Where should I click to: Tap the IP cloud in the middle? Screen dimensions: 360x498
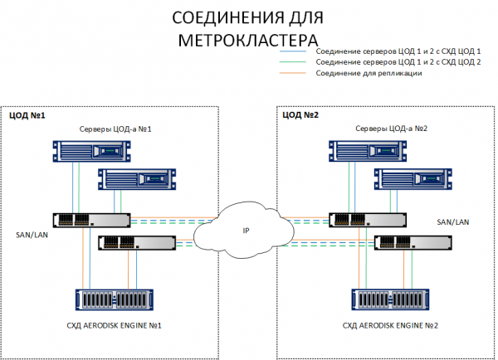(x=246, y=230)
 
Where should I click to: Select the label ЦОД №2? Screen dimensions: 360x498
(x=300, y=115)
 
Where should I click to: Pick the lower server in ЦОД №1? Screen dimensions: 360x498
(x=138, y=178)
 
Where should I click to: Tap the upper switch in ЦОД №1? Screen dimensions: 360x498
(x=91, y=220)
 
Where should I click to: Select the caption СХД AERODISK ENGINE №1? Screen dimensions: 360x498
(x=115, y=325)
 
